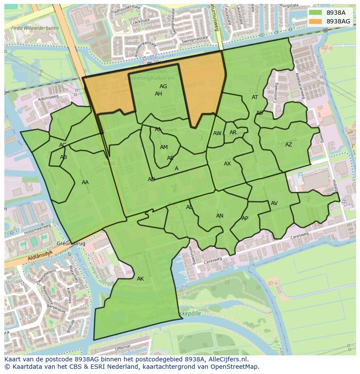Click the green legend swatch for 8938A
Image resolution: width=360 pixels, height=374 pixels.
tap(316, 13)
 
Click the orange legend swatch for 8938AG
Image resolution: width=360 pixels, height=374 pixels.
tap(316, 21)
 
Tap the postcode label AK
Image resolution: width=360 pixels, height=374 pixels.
tap(140, 279)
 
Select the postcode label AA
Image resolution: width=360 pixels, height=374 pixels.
tap(85, 182)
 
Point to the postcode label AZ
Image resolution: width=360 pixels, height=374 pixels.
tap(289, 145)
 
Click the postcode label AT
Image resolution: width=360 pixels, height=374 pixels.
tap(255, 97)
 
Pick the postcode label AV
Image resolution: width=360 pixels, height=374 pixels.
tap(274, 203)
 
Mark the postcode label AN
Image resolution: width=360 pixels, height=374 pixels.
tap(220, 216)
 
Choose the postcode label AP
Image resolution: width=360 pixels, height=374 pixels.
tap(245, 218)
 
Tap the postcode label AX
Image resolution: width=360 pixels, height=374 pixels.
tap(227, 164)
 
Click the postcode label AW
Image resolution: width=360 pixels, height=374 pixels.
tap(217, 133)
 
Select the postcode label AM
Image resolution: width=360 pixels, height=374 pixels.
tap(164, 147)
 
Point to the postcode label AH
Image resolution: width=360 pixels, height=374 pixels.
tap(158, 94)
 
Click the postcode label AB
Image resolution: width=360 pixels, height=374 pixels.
tap(63, 157)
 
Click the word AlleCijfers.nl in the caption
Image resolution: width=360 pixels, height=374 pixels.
tap(228, 360)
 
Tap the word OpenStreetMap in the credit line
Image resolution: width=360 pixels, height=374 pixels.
tap(235, 367)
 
